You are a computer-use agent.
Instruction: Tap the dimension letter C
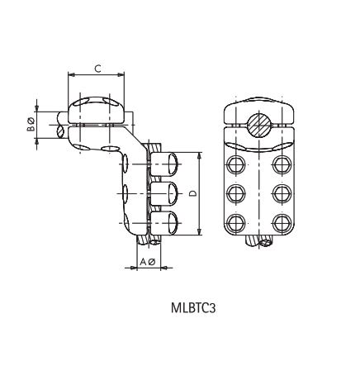click(97, 69)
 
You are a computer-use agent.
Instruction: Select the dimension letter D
click(192, 194)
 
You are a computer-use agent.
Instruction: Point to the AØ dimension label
click(147, 262)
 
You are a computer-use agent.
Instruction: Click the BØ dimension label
click(31, 124)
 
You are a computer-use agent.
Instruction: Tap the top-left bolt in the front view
click(237, 164)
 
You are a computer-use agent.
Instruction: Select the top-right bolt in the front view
click(283, 164)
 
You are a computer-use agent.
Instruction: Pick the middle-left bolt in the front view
click(237, 193)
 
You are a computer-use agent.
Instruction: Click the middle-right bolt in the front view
click(283, 193)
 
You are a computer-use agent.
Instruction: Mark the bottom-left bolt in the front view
click(237, 223)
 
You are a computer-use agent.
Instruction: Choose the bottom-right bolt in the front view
click(283, 223)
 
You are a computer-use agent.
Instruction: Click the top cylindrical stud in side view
click(168, 164)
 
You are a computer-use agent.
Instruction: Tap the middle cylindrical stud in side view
click(168, 193)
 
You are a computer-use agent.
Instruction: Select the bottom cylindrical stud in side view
click(168, 222)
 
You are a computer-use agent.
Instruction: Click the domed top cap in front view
click(260, 107)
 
